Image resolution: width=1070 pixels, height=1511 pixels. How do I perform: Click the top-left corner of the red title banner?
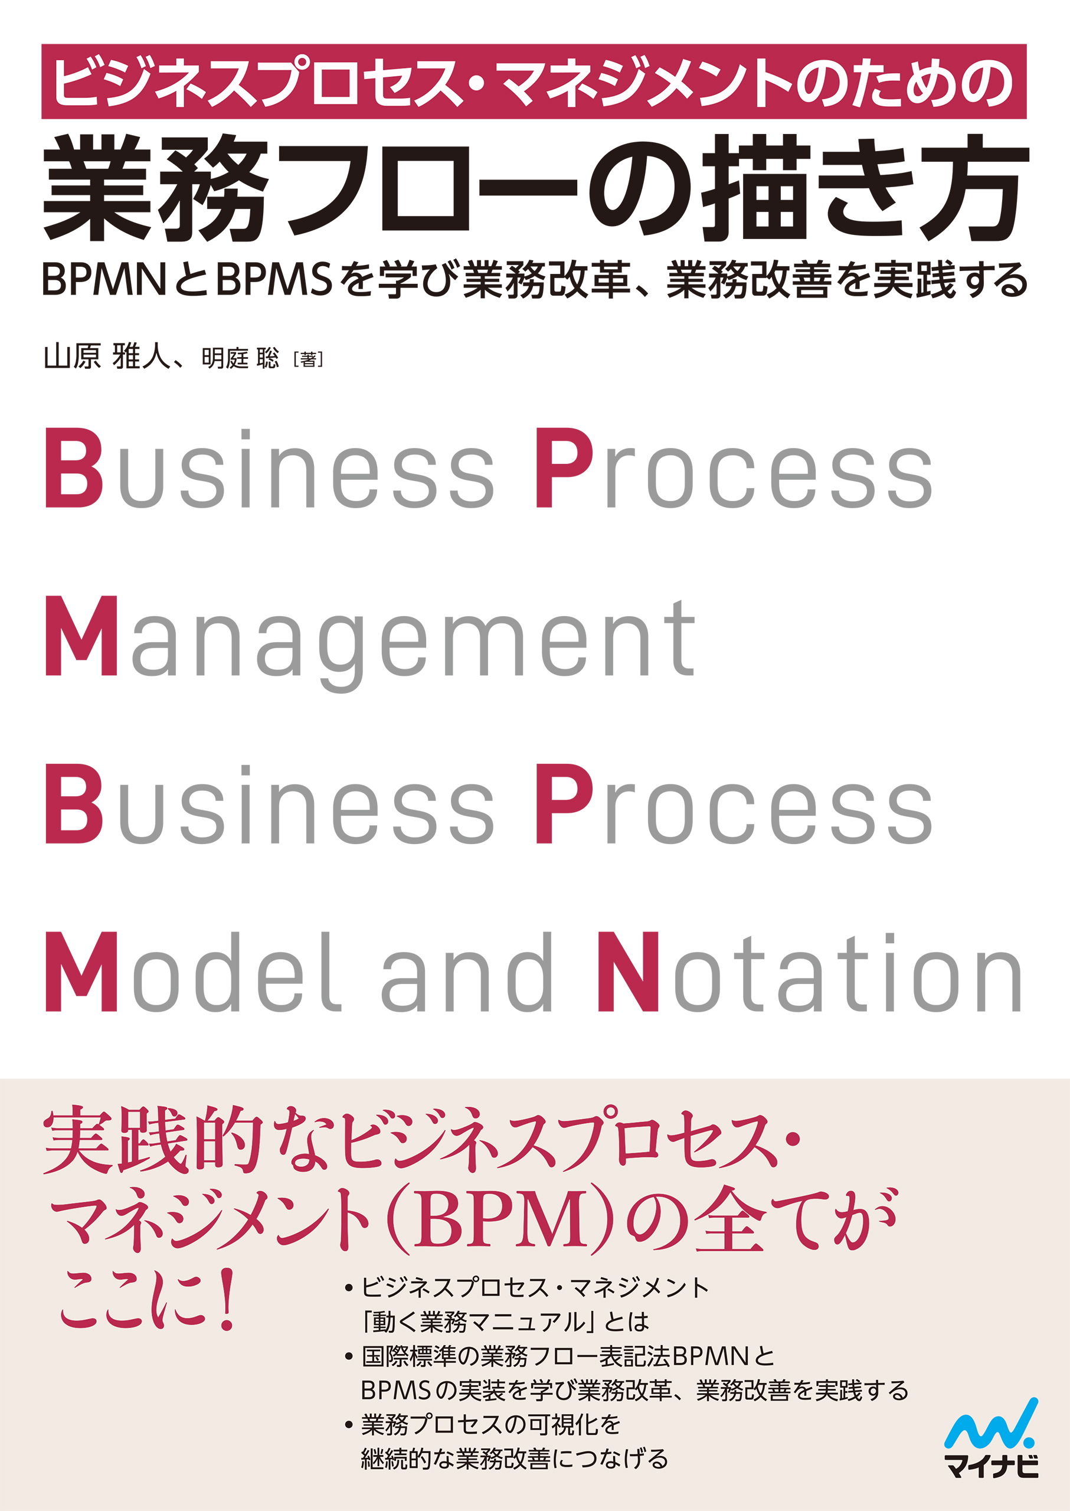click(x=41, y=44)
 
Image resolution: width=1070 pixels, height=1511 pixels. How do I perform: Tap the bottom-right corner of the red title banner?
click(x=1027, y=119)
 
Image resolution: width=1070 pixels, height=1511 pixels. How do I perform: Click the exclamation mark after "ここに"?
click(x=227, y=1299)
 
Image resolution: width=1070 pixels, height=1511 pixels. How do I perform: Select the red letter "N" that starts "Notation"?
click(x=627, y=972)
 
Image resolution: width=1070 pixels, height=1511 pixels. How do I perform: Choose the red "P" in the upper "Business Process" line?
click(x=564, y=468)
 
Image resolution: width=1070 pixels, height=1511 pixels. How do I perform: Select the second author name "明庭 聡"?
click(x=240, y=359)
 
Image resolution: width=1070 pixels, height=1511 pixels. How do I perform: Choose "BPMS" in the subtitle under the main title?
click(x=275, y=279)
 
